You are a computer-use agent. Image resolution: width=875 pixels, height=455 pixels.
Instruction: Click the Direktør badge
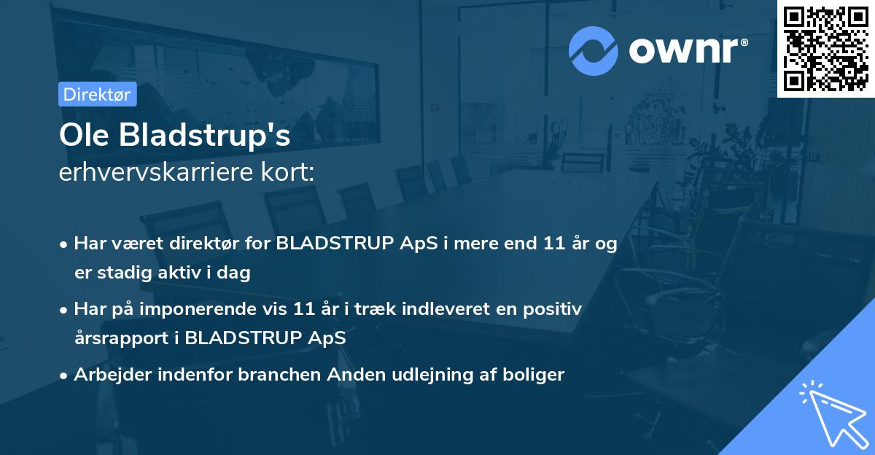tap(97, 94)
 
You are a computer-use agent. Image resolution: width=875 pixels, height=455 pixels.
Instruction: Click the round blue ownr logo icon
tap(594, 50)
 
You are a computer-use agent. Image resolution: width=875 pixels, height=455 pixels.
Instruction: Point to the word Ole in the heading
tap(79, 136)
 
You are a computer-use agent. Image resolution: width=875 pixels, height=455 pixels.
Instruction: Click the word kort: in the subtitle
tap(292, 173)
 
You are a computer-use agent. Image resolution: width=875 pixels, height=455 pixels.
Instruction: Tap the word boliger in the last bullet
tap(537, 375)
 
